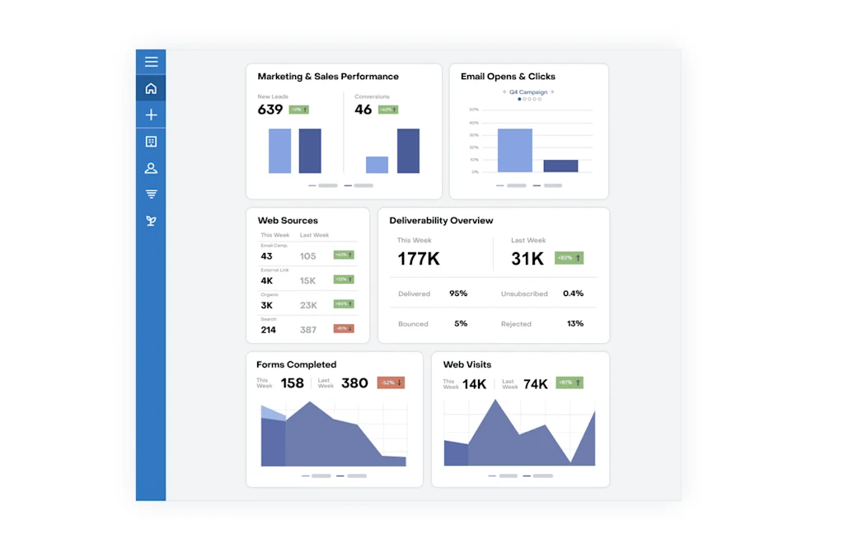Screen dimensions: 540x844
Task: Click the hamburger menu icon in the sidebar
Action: click(151, 62)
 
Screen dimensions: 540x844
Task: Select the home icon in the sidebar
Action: click(151, 88)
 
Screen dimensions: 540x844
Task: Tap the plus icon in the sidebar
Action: click(151, 115)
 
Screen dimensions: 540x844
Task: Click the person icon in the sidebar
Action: click(151, 168)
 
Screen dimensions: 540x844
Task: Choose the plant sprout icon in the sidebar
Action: click(151, 221)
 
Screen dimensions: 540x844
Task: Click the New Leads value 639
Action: click(270, 110)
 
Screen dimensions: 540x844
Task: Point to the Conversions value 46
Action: click(363, 110)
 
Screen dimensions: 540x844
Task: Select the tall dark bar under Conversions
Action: click(408, 151)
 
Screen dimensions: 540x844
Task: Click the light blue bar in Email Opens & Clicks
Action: click(515, 150)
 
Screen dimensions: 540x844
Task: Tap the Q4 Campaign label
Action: click(528, 92)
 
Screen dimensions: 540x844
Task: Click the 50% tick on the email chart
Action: click(474, 110)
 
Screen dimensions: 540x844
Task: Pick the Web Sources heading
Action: click(288, 221)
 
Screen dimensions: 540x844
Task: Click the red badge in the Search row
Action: click(344, 329)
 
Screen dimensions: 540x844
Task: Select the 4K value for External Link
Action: click(267, 281)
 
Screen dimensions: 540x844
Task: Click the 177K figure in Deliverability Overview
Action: click(419, 259)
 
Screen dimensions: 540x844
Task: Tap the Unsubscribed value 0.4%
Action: click(573, 293)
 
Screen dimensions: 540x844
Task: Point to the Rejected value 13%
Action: click(575, 324)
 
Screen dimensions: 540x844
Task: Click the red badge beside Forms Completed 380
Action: click(391, 383)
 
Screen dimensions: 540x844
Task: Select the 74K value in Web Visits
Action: click(536, 384)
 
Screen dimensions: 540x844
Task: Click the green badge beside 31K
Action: click(569, 258)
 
